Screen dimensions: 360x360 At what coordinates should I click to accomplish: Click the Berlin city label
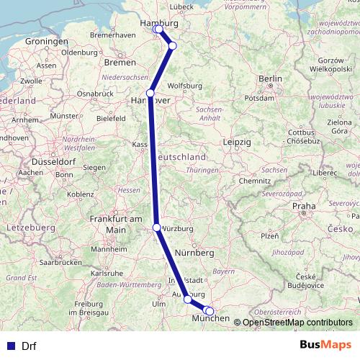pyautogui.click(x=270, y=78)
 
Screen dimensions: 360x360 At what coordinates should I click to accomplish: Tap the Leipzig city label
pyautogui.click(x=237, y=143)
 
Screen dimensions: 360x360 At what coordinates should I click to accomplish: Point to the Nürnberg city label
pyautogui.click(x=194, y=253)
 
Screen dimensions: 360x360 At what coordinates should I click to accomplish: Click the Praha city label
pyautogui.click(x=304, y=206)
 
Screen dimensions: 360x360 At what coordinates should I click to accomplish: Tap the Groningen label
pyautogui.click(x=46, y=41)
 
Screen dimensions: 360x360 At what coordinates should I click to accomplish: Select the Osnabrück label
pyautogui.click(x=95, y=94)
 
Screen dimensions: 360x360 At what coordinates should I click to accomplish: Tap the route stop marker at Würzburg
pyautogui.click(x=157, y=228)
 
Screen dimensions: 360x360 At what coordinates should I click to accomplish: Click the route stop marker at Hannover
pyautogui.click(x=150, y=93)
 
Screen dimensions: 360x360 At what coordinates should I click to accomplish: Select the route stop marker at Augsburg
pyautogui.click(x=188, y=299)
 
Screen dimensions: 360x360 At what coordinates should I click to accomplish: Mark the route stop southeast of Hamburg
pyautogui.click(x=172, y=46)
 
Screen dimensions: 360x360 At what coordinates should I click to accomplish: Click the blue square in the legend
pyautogui.click(x=10, y=346)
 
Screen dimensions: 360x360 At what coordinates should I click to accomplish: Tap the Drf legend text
pyautogui.click(x=30, y=346)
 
